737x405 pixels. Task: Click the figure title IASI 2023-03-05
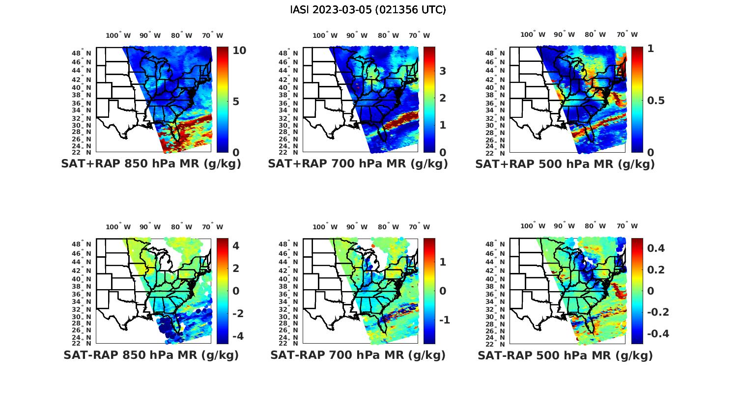[368, 10]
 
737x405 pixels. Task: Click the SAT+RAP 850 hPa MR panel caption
[151, 164]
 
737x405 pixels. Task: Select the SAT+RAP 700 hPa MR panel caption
[358, 164]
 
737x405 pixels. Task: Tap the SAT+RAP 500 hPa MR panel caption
[565, 164]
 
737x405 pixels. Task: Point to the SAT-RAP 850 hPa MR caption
[151, 355]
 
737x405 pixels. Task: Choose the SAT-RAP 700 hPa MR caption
[358, 355]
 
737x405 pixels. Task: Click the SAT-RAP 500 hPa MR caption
[565, 355]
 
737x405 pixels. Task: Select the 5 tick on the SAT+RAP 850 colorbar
[236, 102]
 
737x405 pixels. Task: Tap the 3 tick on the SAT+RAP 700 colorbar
[443, 71]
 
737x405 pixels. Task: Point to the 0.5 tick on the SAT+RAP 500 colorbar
[657, 101]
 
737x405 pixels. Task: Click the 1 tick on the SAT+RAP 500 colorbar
[651, 49]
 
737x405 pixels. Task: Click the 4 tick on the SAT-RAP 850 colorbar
[236, 245]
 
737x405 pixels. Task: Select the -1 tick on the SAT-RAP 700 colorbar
[444, 320]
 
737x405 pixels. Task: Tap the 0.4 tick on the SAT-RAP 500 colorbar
[656, 248]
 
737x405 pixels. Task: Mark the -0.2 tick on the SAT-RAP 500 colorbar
[658, 312]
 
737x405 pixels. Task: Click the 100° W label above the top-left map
[118, 35]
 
